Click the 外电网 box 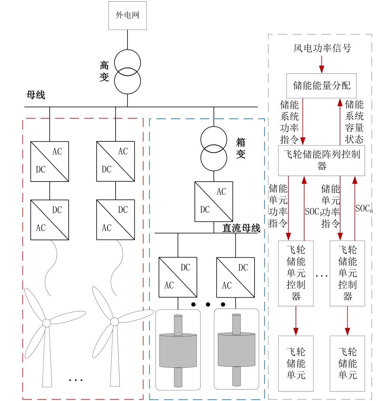(127, 16)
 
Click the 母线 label (36, 95)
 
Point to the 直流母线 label (241, 228)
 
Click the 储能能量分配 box (322, 86)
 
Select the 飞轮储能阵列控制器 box (322, 160)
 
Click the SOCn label (364, 208)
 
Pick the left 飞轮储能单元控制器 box (296, 273)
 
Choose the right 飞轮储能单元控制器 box (347, 273)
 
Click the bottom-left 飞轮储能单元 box (296, 363)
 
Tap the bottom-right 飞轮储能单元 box (347, 363)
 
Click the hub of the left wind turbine (47, 322)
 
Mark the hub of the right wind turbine (114, 322)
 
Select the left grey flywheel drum (178, 350)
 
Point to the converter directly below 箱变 (213, 201)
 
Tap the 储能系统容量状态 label (354, 122)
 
